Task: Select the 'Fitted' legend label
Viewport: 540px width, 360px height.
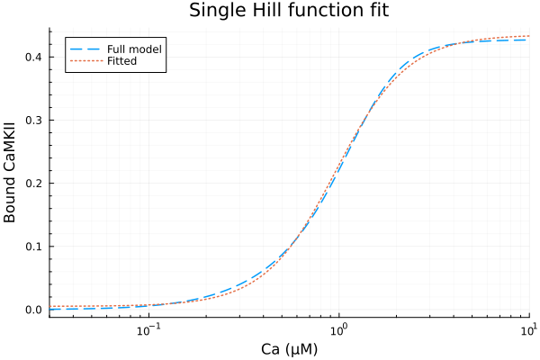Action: tap(124, 60)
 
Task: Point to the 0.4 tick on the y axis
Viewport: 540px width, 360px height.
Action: tap(34, 57)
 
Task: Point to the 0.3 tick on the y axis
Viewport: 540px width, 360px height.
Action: tap(34, 120)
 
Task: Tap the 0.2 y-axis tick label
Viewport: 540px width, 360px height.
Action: tap(34, 183)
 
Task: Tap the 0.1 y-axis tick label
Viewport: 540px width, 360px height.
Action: tap(34, 246)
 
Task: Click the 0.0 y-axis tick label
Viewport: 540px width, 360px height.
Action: tap(34, 310)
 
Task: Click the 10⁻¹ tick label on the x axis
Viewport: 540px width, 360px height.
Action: tap(148, 328)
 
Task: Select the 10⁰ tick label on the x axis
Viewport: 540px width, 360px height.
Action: tap(339, 328)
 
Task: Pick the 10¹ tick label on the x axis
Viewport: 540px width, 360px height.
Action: tap(528, 328)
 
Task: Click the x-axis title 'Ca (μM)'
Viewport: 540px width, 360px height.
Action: tap(290, 349)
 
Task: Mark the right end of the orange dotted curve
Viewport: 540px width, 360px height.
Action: tap(529, 36)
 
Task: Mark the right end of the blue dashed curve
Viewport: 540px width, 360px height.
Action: tap(529, 40)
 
